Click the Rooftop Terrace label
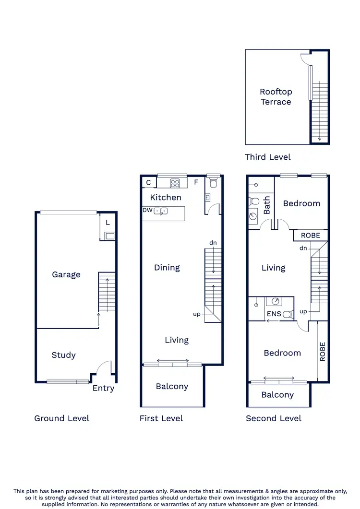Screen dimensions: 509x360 click(x=276, y=96)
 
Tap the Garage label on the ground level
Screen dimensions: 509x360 click(x=66, y=274)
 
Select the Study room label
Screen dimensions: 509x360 click(x=63, y=355)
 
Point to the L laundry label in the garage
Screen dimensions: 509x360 click(x=108, y=223)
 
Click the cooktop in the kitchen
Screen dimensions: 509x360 click(x=175, y=183)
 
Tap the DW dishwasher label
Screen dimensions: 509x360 click(x=147, y=210)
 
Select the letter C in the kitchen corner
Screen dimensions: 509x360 click(x=149, y=183)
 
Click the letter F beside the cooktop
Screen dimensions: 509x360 click(x=196, y=183)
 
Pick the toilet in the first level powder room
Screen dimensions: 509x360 click(x=214, y=182)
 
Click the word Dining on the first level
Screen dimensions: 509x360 click(x=167, y=268)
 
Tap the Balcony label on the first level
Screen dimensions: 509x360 click(x=172, y=386)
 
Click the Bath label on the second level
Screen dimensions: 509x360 click(x=267, y=205)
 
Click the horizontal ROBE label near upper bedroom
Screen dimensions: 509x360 click(x=311, y=236)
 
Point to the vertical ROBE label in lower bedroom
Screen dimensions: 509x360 click(x=323, y=352)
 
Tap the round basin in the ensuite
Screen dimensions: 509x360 click(x=276, y=301)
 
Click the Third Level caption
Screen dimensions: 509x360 click(x=267, y=157)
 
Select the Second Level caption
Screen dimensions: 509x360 click(x=274, y=418)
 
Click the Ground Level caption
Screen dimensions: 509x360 click(x=61, y=418)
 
